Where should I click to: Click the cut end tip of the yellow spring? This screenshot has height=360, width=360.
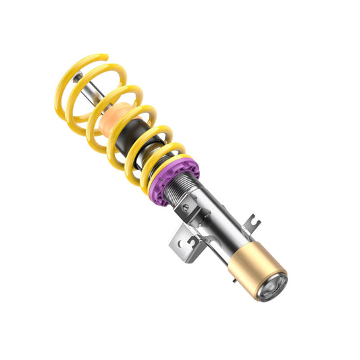[103, 56]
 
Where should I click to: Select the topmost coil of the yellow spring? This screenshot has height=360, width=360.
[84, 64]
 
